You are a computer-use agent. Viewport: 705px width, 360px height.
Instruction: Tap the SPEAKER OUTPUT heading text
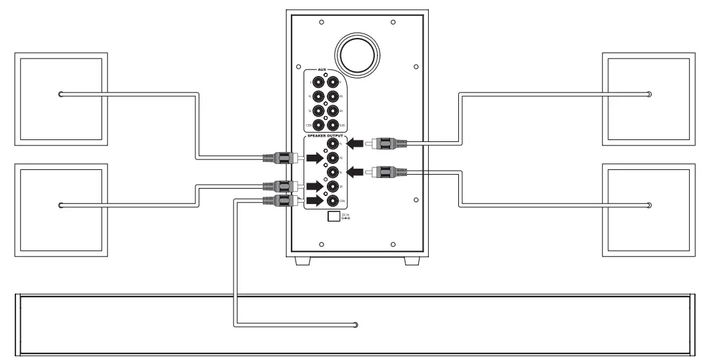tap(324, 135)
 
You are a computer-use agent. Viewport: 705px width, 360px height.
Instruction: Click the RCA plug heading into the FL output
tap(387, 143)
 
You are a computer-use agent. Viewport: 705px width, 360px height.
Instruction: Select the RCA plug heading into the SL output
tap(387, 171)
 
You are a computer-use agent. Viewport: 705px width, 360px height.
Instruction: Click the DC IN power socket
tap(332, 217)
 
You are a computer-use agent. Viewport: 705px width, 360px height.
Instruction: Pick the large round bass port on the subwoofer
tap(358, 51)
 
